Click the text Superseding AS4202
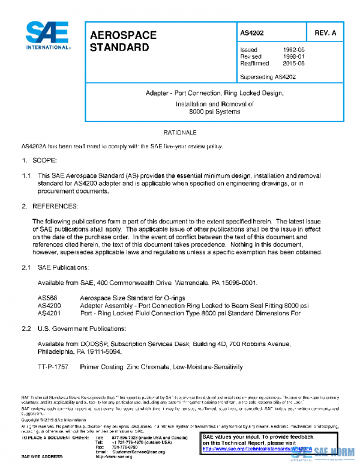tap(268, 76)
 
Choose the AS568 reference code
tap(47, 298)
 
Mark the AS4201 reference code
tap(49, 312)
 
